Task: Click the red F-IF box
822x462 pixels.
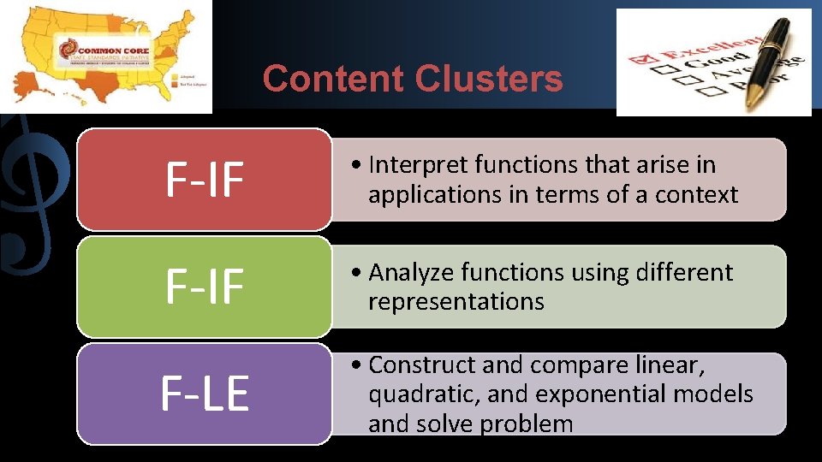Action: [x=204, y=180]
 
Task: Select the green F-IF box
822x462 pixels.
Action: [x=204, y=287]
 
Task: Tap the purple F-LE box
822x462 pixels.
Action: [x=204, y=394]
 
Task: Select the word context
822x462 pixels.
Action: [x=696, y=194]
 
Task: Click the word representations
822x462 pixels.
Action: [x=456, y=301]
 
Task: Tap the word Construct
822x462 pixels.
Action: [x=423, y=364]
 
